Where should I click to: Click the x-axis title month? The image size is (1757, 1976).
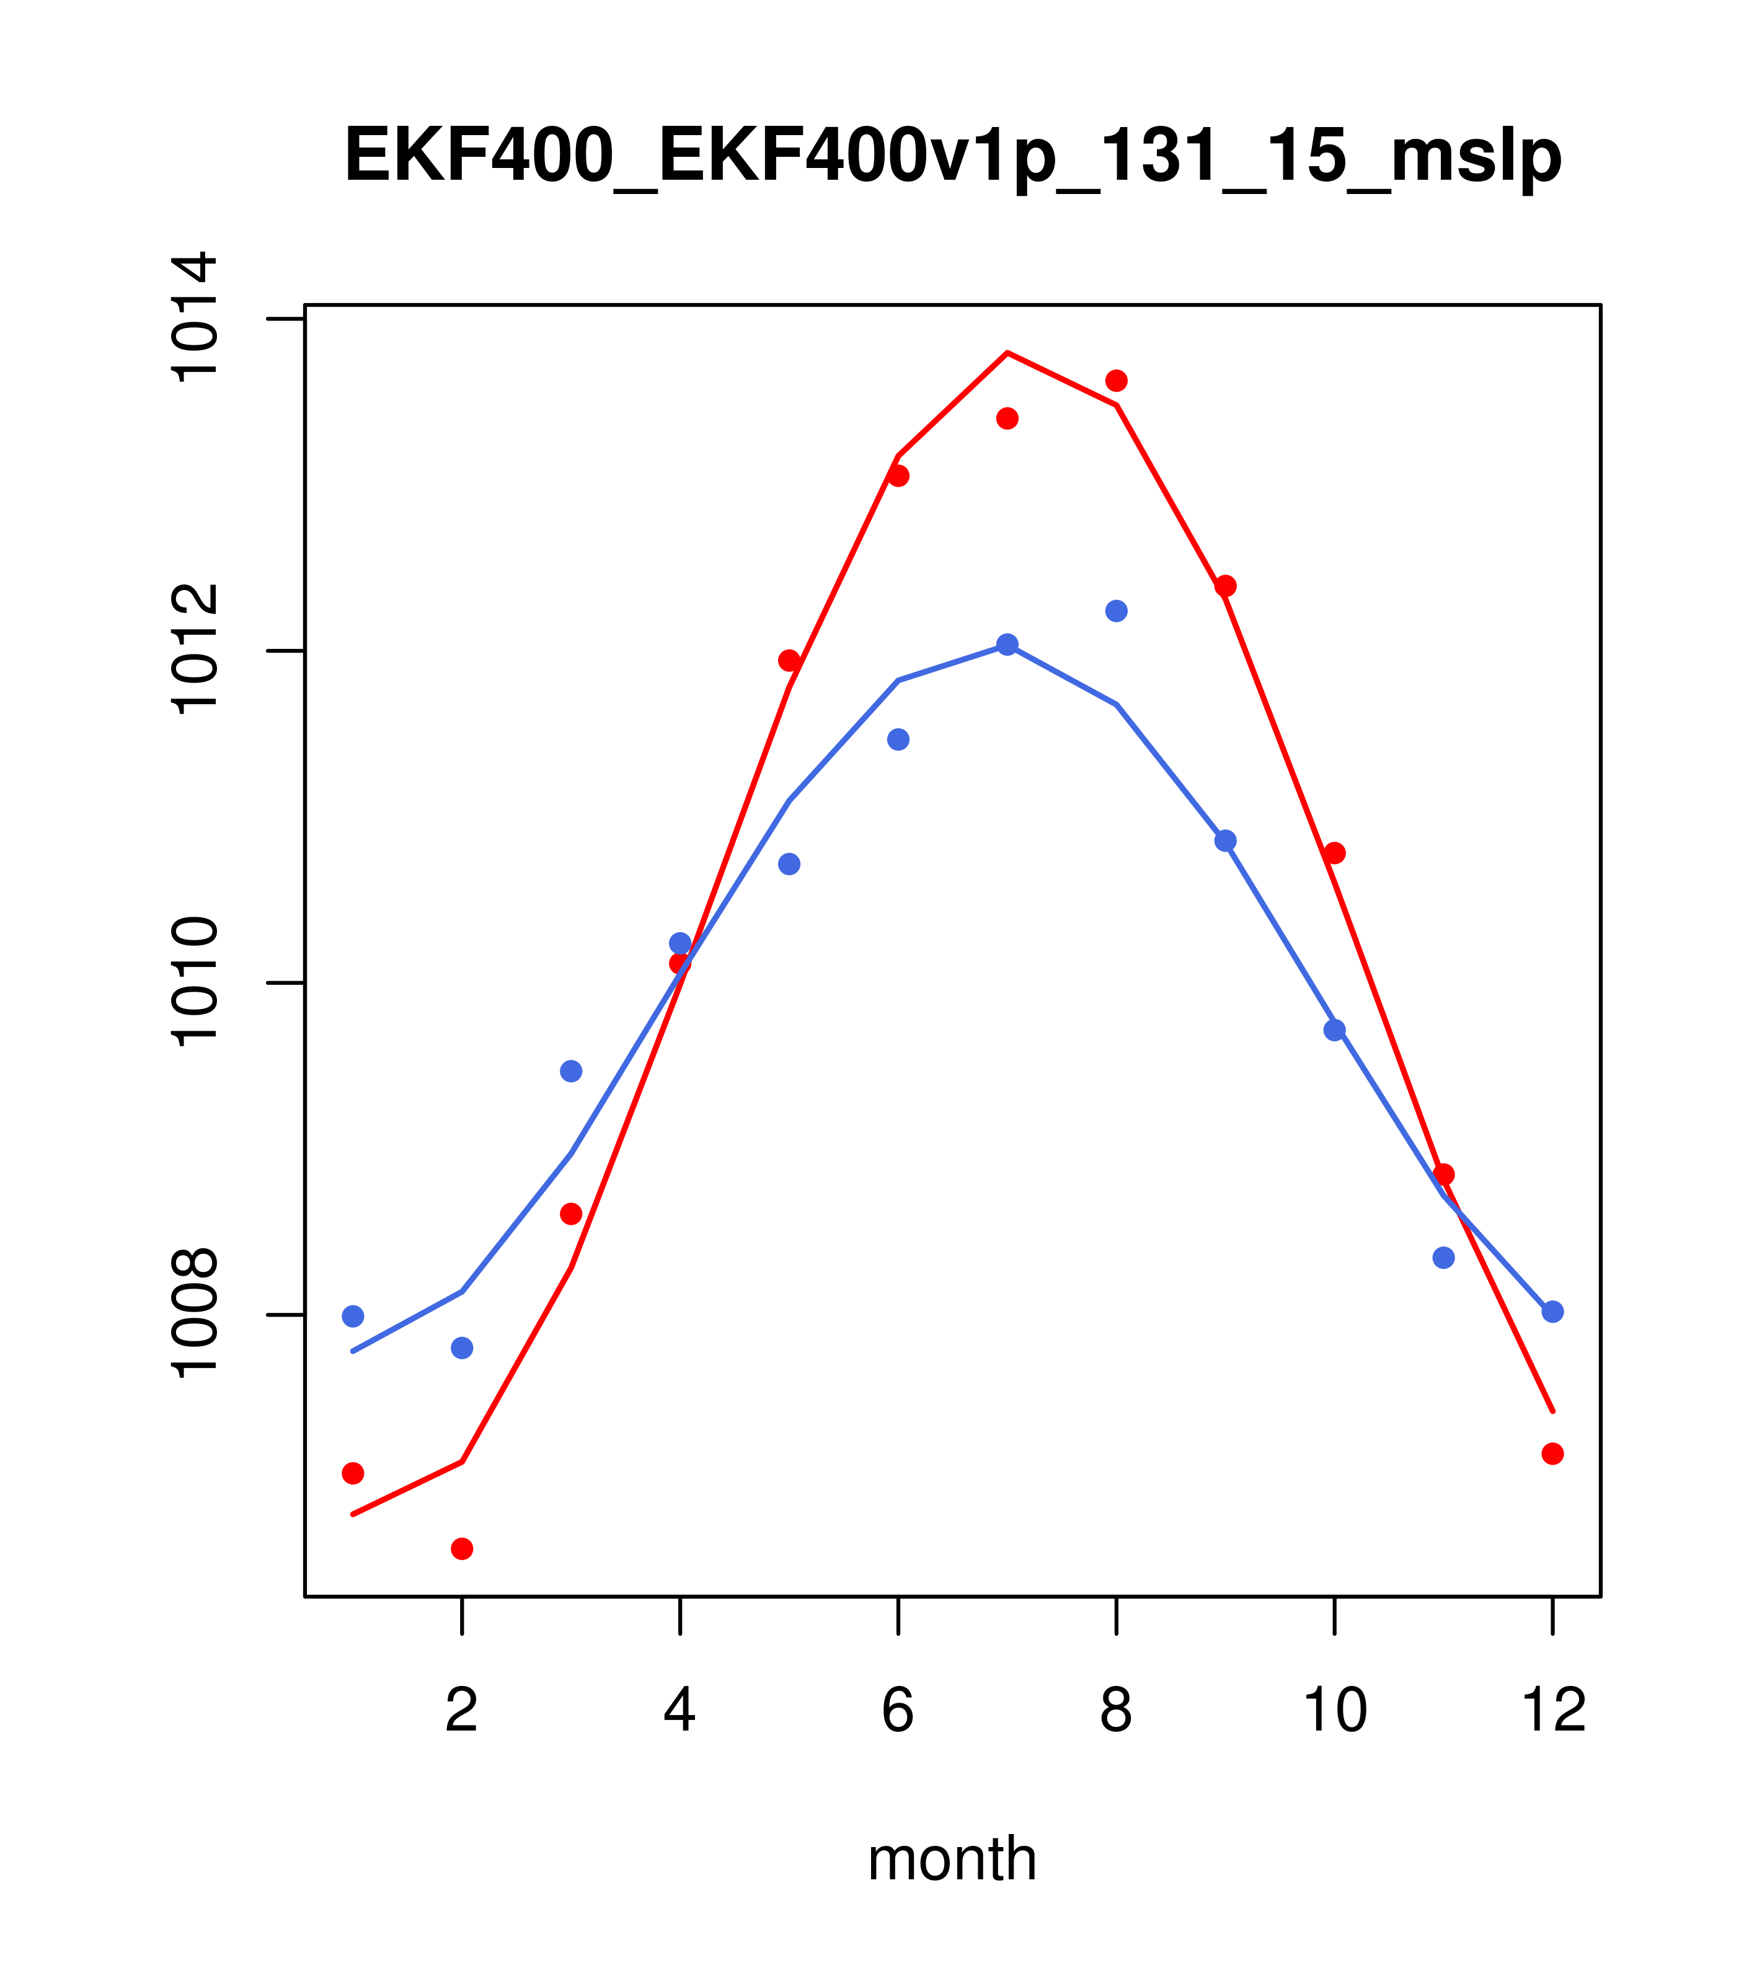[952, 1858]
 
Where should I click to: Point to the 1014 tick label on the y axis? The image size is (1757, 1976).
[193, 317]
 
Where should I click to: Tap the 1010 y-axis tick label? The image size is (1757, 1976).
[193, 982]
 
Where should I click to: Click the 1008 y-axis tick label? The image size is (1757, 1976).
[193, 1315]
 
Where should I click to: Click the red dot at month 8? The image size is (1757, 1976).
[1116, 380]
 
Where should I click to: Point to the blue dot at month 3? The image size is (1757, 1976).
[572, 1071]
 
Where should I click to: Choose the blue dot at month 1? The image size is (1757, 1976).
[353, 1316]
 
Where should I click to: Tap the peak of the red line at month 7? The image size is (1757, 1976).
[1007, 353]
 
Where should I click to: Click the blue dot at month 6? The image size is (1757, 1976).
[898, 739]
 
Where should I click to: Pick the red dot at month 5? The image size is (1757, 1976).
[789, 660]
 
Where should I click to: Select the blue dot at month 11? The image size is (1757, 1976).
[1444, 1258]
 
